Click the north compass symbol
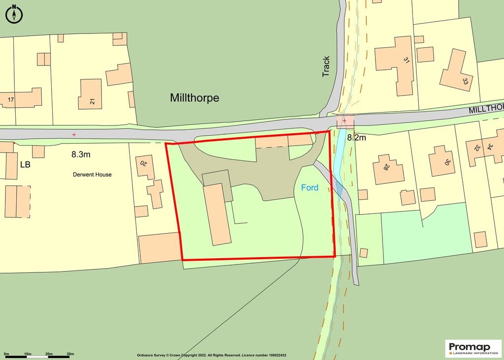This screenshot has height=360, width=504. pyautogui.click(x=14, y=14)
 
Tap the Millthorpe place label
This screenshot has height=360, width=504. pyautogui.click(x=194, y=98)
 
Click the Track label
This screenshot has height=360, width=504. pyautogui.click(x=326, y=66)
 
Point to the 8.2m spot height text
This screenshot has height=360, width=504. pyautogui.click(x=356, y=138)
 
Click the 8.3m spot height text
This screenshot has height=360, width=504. pyautogui.click(x=81, y=154)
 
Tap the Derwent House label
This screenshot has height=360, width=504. pyautogui.click(x=92, y=175)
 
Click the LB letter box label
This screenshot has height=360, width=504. pyautogui.click(x=25, y=165)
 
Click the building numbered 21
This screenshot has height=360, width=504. pyautogui.click(x=90, y=94)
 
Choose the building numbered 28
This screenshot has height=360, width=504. pyautogui.click(x=389, y=169)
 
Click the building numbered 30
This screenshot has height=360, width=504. pyautogui.click(x=441, y=161)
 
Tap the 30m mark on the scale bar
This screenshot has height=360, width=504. pyautogui.click(x=70, y=354)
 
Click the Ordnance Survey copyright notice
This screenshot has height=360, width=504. pyautogui.click(x=212, y=355)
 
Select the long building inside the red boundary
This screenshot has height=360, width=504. pyautogui.click(x=218, y=214)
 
